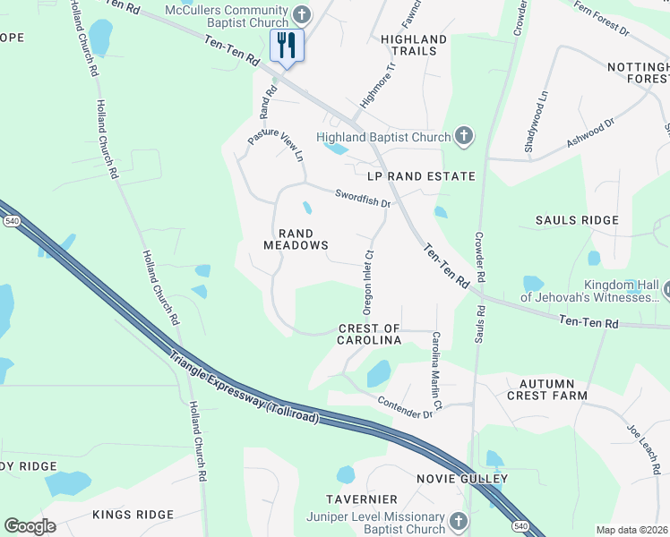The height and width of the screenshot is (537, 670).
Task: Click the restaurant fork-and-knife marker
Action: [287, 45]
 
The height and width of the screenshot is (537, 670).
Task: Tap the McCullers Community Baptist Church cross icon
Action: [302, 15]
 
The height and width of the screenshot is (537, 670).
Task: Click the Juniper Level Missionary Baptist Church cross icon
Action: [458, 522]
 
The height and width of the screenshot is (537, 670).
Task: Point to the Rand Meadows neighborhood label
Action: [295, 239]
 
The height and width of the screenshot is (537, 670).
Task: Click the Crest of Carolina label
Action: [369, 335]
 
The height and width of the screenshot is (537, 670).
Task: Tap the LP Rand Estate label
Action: [414, 176]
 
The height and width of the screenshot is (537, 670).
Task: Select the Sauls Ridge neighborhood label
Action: [577, 220]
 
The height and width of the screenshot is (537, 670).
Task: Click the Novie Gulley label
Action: [462, 479]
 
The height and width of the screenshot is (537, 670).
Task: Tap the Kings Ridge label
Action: [133, 515]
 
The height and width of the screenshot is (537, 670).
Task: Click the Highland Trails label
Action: [414, 45]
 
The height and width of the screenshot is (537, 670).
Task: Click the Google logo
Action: [30, 526]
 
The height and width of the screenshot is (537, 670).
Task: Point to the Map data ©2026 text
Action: [631, 530]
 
